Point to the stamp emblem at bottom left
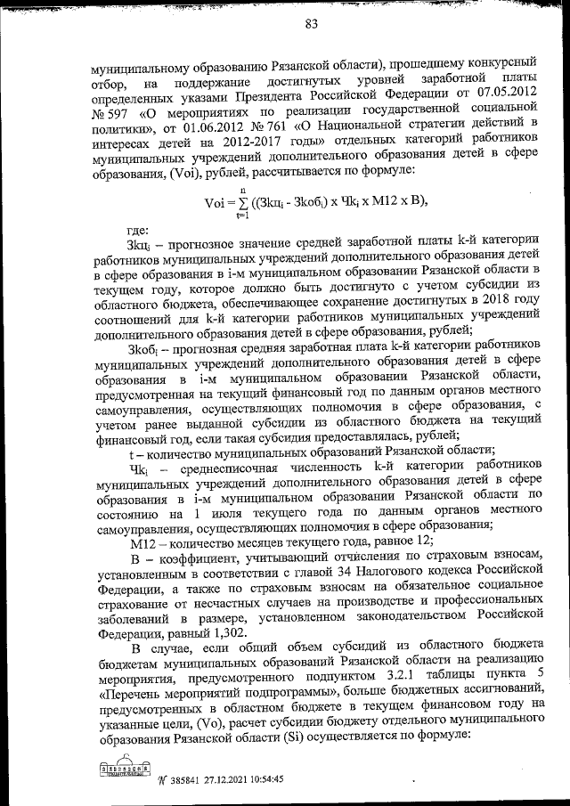[125, 769]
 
